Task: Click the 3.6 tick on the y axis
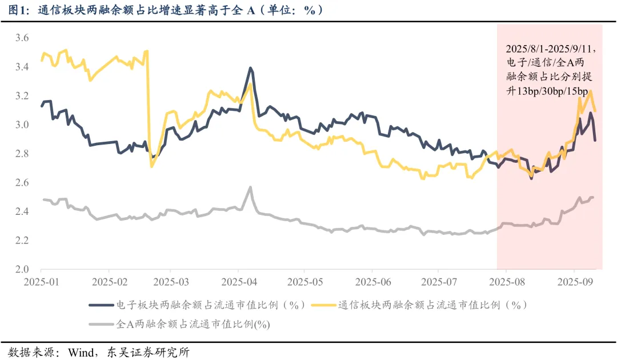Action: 22,38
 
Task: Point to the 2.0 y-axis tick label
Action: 22,269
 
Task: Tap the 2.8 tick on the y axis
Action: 22,154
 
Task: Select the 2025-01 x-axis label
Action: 41,282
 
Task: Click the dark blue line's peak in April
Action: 251,68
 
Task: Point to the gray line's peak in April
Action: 250,187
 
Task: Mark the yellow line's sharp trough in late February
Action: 151,166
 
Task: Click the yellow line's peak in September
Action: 590,91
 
